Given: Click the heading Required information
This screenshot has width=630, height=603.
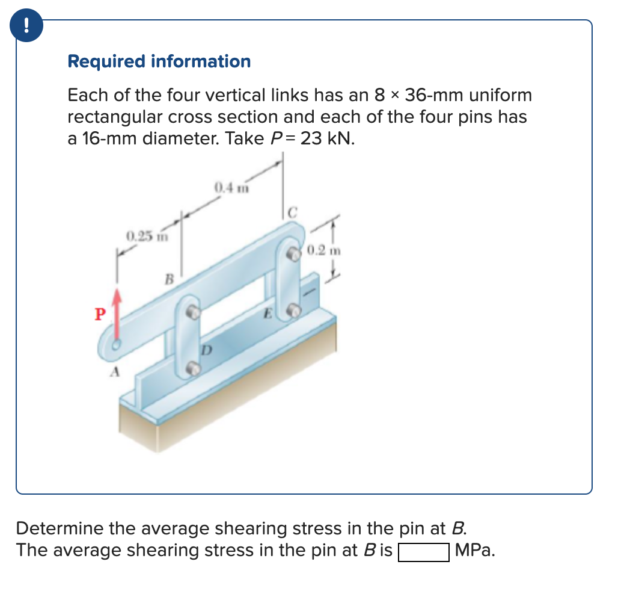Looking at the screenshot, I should (159, 61).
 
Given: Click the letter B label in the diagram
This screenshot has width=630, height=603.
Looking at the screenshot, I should (170, 279).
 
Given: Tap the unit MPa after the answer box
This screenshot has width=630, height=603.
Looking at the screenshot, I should (475, 551).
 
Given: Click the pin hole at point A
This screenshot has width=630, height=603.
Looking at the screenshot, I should (117, 345).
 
